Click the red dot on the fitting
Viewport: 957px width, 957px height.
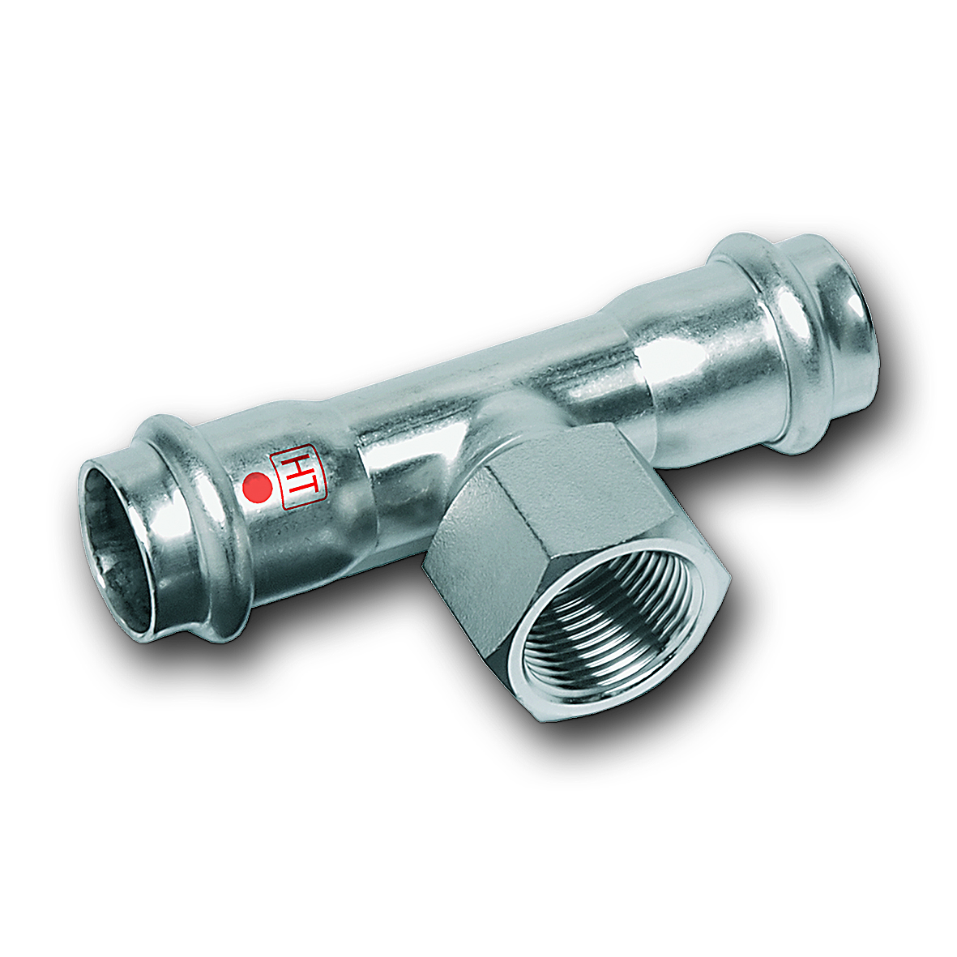click(x=257, y=489)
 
